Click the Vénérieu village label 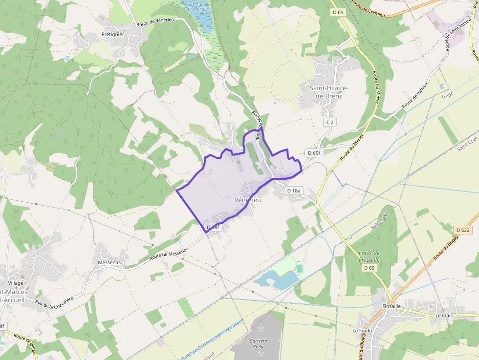248,200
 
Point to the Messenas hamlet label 109,262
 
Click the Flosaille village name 391,306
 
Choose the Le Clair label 444,316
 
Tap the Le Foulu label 362,331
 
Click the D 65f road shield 314,153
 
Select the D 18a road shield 295,191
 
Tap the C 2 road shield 329,122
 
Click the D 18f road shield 214,228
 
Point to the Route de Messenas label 169,252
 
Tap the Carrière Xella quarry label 258,344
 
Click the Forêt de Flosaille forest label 370,256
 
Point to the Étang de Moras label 197,6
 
